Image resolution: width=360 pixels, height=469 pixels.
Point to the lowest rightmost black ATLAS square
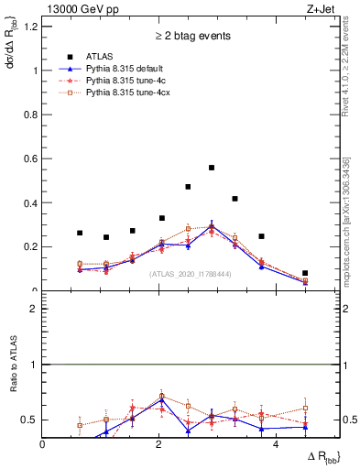(305, 273)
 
